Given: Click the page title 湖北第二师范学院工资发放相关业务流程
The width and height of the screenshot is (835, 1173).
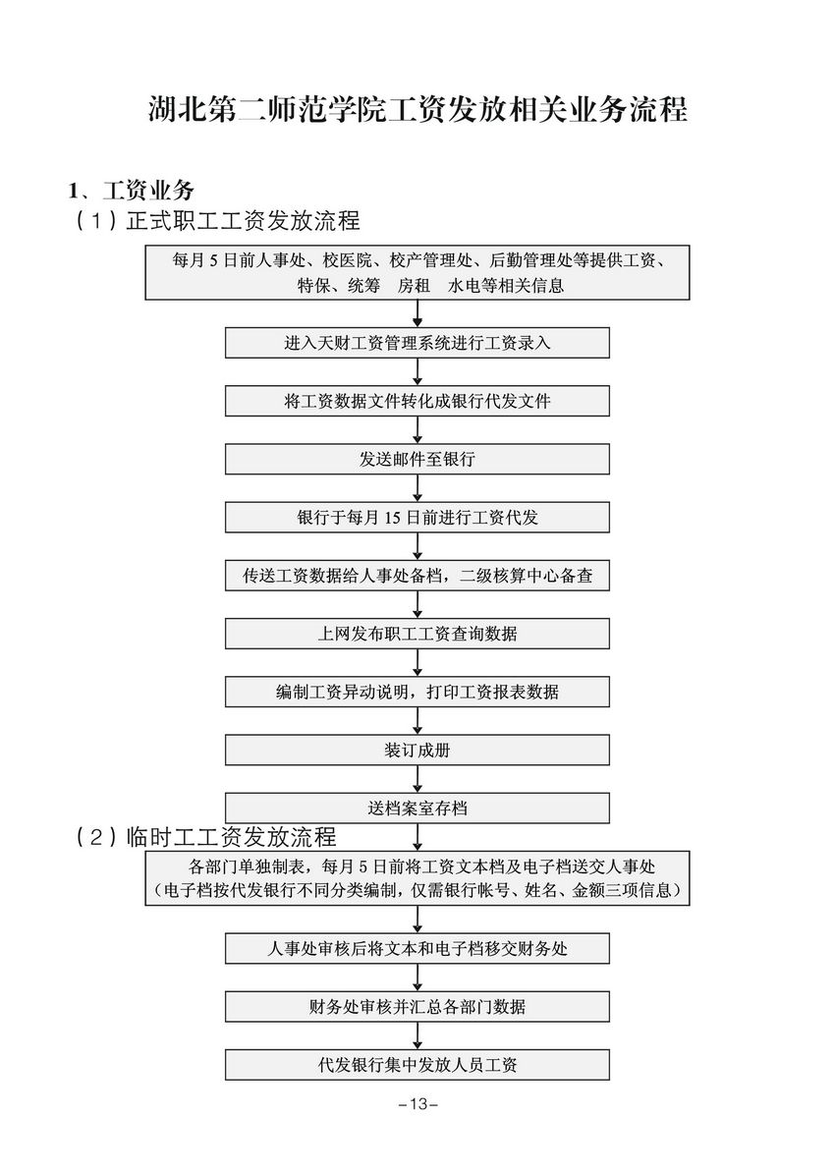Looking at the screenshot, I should [417, 109].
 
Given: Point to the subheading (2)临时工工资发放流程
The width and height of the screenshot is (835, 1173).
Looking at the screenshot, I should [206, 837].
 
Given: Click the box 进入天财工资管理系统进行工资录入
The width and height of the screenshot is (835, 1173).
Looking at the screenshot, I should [417, 343].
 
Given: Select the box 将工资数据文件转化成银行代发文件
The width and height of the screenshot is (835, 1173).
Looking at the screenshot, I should [417, 401].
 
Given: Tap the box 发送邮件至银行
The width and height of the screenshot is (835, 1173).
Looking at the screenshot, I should [417, 459].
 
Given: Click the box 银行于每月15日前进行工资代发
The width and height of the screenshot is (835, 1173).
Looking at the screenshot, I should [417, 518].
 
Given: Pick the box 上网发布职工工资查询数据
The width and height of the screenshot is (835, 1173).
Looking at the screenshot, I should [417, 634].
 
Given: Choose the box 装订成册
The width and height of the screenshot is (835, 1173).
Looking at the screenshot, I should [417, 751].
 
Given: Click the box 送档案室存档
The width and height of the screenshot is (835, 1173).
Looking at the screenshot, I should [417, 809].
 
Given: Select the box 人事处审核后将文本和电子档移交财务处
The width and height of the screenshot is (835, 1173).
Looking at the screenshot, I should [417, 949].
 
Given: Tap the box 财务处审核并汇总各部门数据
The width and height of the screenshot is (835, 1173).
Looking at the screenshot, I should [417, 1007].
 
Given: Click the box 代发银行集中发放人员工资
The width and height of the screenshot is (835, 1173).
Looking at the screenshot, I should [417, 1065].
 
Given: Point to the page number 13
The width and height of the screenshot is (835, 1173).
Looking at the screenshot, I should [417, 1104].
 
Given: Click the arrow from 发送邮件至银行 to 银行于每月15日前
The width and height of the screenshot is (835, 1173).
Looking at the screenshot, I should [417, 488].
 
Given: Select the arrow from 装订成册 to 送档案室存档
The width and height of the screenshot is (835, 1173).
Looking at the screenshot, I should [417, 779].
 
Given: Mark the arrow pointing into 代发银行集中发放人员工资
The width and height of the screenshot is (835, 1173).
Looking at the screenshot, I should [417, 1036].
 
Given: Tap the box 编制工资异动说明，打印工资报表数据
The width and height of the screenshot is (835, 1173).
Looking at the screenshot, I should [417, 693].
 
